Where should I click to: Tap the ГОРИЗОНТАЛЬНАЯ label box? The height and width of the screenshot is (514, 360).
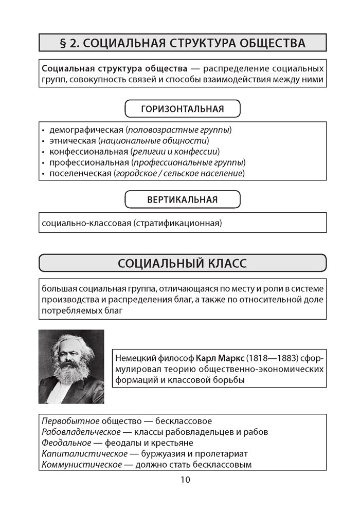(183, 109)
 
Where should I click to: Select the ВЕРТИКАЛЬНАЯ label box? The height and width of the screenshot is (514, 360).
(183, 199)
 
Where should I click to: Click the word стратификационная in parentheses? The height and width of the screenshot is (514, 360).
(179, 224)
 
